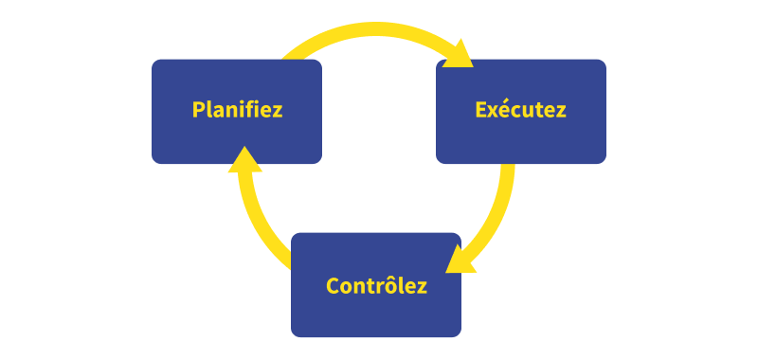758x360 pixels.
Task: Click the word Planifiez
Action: tap(237, 109)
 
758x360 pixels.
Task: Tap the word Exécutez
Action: tap(520, 109)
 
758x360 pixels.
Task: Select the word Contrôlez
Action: tap(376, 285)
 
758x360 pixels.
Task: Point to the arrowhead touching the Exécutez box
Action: tap(461, 54)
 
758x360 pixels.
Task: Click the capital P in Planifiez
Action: tap(198, 109)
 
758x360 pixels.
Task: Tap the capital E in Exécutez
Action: tap(480, 109)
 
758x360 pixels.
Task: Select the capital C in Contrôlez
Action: tap(333, 285)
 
